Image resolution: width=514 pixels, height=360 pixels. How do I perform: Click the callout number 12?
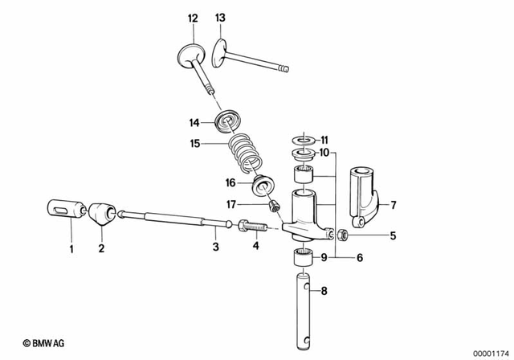[192, 18]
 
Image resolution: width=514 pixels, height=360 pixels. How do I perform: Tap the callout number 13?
[221, 18]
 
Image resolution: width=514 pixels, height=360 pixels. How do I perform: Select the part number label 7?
[394, 207]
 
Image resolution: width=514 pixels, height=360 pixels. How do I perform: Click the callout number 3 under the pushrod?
[215, 247]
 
